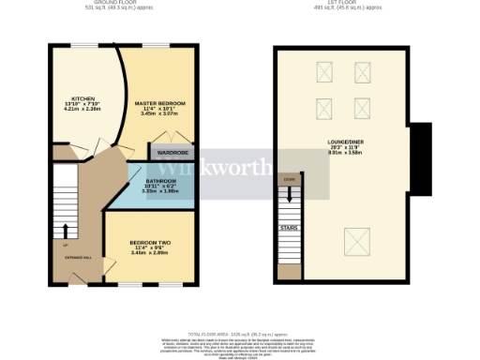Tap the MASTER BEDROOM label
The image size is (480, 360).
160,101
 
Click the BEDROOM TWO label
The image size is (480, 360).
149,243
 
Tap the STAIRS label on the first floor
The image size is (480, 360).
290,226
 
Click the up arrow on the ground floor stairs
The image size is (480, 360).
66,228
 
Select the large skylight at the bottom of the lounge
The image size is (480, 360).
356,243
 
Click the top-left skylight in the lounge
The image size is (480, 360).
326,71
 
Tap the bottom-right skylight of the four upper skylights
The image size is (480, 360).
361,107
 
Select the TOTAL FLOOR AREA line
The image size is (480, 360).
242,333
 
